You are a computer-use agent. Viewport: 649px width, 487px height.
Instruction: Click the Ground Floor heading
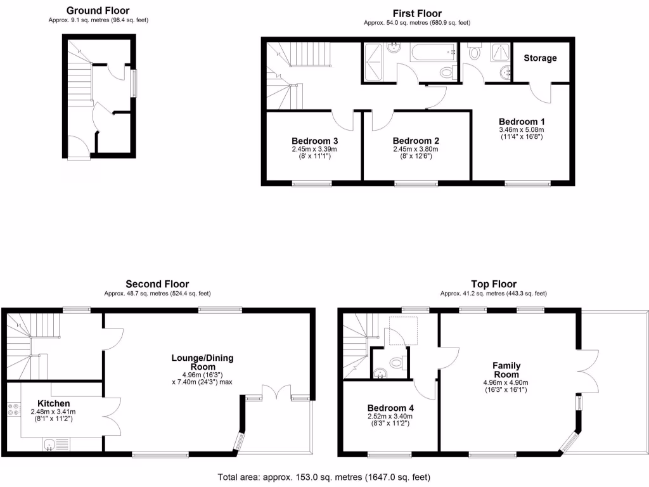tap(98, 10)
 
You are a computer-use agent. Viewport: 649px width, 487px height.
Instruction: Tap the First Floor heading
tap(416, 13)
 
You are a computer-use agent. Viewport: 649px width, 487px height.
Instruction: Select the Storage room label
tap(540, 58)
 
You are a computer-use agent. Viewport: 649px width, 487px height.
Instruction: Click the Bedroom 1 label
tap(522, 121)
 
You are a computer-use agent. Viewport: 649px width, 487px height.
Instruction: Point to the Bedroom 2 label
tap(416, 141)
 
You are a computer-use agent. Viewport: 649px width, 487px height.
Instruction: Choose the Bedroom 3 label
tap(314, 141)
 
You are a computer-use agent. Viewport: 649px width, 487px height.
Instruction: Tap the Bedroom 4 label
tap(390, 408)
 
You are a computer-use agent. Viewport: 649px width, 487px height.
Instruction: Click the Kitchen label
tap(54, 403)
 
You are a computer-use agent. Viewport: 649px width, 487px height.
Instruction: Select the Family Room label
tap(506, 370)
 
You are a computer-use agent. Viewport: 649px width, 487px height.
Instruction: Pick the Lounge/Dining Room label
tap(202, 362)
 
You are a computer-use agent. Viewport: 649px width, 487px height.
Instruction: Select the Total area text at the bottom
tap(324, 476)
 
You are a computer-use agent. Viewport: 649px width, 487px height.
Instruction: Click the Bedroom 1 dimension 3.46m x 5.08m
tap(522, 129)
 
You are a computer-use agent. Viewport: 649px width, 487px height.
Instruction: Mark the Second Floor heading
tap(157, 284)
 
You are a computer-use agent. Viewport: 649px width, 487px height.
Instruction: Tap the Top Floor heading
tap(494, 284)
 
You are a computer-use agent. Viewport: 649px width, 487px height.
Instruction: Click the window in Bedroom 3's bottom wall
tap(312, 184)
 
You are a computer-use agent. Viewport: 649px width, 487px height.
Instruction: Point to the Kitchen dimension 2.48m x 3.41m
tap(54, 412)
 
